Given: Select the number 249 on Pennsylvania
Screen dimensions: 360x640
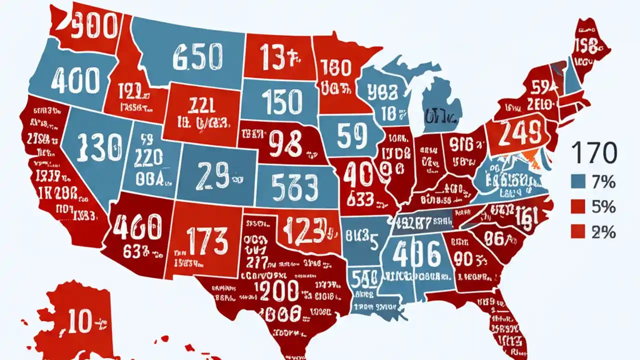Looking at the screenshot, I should point(521,133).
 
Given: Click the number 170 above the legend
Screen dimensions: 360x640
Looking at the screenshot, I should point(593,153).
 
